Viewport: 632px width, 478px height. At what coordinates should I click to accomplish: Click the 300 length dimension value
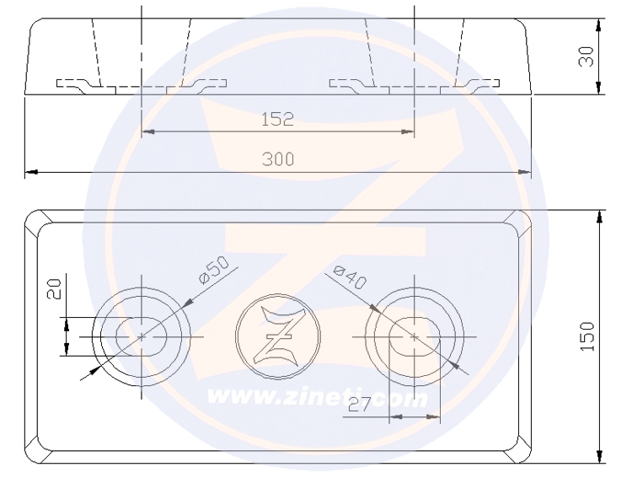pyautogui.click(x=278, y=159)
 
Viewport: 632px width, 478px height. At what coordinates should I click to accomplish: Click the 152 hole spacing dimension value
pyautogui.click(x=278, y=119)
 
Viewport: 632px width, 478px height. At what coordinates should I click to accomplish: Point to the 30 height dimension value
pyautogui.click(x=586, y=56)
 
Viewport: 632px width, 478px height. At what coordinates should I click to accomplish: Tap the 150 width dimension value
pyautogui.click(x=587, y=336)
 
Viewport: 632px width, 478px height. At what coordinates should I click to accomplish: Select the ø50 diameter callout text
pyautogui.click(x=214, y=269)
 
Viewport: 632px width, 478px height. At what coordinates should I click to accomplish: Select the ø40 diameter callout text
pyautogui.click(x=351, y=277)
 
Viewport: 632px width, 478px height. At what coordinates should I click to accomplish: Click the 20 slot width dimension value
pyautogui.click(x=55, y=289)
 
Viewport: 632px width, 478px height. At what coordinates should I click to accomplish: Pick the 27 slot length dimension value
pyautogui.click(x=359, y=404)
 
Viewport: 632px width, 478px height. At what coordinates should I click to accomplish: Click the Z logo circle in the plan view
pyautogui.click(x=278, y=336)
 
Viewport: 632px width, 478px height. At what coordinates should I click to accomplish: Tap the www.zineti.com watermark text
pyautogui.click(x=317, y=397)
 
